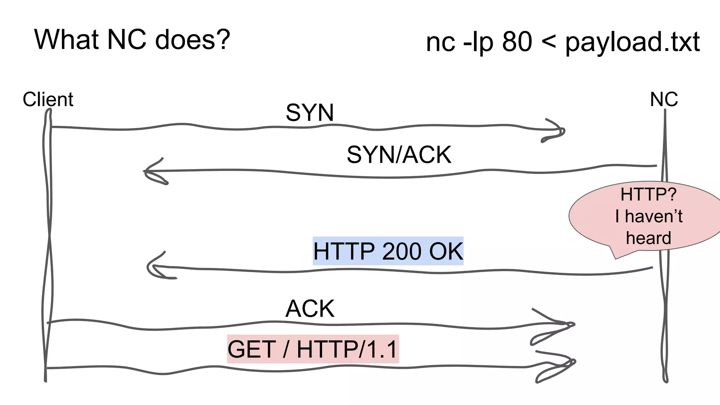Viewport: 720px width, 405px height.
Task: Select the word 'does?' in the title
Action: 192,39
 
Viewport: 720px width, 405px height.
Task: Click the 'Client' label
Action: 48,99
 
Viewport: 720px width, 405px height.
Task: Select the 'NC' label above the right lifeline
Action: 664,99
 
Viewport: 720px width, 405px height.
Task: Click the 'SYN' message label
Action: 309,112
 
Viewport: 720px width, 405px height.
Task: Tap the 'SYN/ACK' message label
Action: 399,155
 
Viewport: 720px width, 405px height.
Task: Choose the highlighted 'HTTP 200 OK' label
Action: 388,251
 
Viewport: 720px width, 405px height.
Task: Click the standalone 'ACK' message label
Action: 310,309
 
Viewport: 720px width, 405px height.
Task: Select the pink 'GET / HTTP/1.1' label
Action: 313,349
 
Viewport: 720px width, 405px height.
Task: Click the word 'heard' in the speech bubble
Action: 649,238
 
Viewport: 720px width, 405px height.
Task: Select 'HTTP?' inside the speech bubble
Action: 648,194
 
